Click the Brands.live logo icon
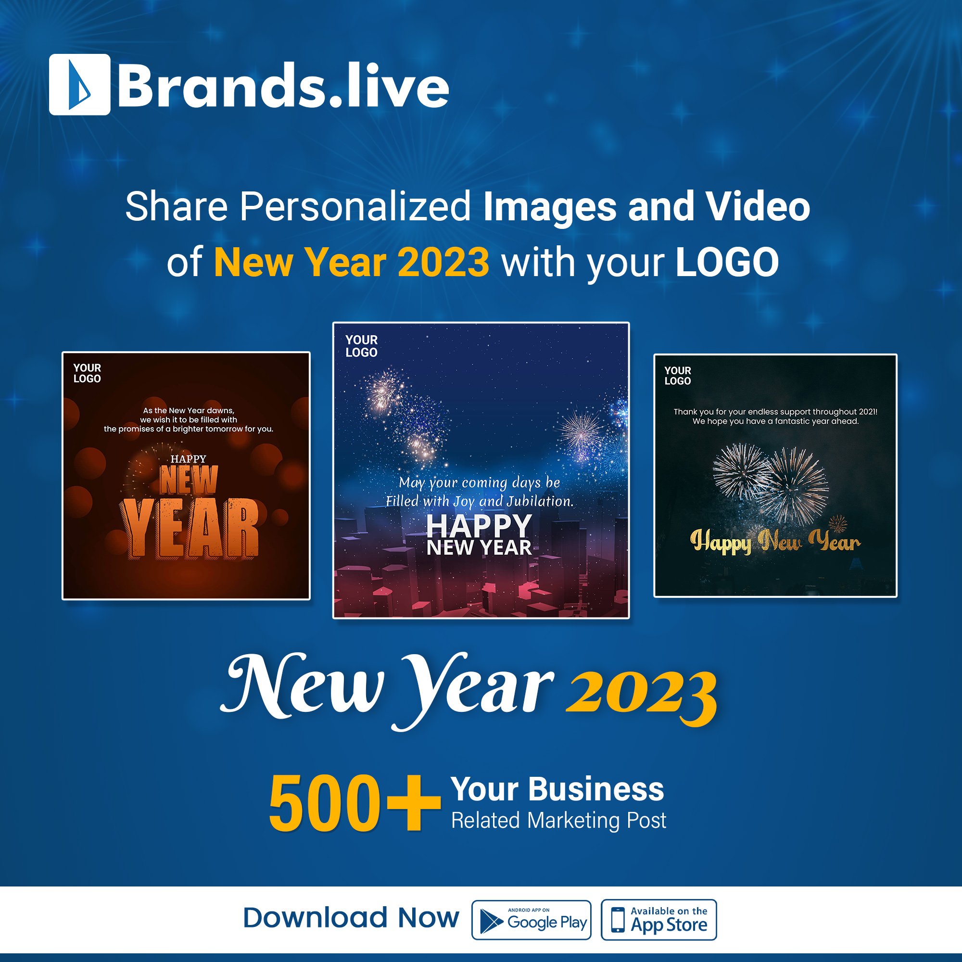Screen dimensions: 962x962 (80, 85)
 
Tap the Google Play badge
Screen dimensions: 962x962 (531, 920)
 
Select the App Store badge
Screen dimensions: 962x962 (658, 920)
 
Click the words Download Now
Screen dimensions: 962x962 (351, 918)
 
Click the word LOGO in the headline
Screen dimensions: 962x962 (726, 262)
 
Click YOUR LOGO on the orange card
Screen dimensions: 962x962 (87, 373)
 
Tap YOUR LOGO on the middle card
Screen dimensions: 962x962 (362, 346)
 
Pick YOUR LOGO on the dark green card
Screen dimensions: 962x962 (677, 376)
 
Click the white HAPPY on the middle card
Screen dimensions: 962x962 (479, 525)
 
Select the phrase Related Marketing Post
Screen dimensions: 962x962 (558, 820)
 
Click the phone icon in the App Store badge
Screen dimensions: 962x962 (618, 920)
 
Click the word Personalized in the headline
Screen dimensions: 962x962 (355, 207)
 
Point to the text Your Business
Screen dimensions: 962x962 (557, 789)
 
